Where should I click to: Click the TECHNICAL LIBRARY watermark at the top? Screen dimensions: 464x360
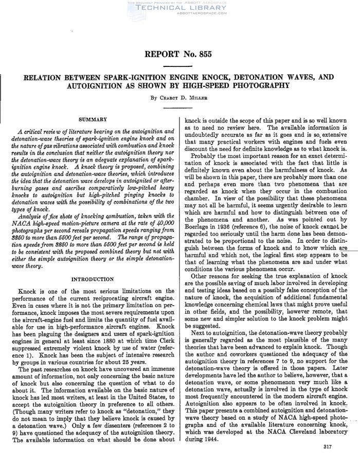180,9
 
